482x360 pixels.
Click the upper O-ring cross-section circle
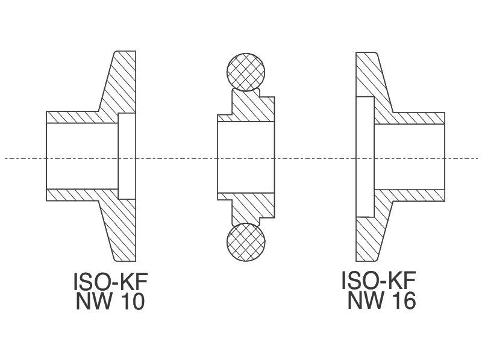click(x=245, y=71)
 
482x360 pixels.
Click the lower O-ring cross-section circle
click(x=245, y=242)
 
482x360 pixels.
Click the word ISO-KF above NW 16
click(x=378, y=281)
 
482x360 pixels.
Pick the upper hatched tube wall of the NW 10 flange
click(x=78, y=117)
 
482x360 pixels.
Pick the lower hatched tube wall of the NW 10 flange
click(x=78, y=195)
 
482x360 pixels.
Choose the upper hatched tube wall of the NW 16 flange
click(x=416, y=118)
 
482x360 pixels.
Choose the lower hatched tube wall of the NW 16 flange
click(x=416, y=195)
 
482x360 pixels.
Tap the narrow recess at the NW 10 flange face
click(x=127, y=156)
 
